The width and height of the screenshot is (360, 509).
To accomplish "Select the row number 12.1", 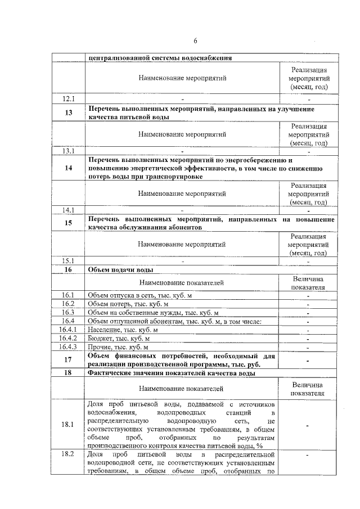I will (x=69, y=98).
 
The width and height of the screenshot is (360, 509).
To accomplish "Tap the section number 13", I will (x=69, y=112).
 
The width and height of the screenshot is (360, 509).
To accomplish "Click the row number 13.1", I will (x=69, y=151).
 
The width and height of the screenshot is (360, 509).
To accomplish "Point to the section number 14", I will (x=69, y=168).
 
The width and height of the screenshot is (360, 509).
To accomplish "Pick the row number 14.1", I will (x=69, y=210).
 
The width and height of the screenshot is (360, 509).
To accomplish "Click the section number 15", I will (x=69, y=223).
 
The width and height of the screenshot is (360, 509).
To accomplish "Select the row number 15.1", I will (x=69, y=261).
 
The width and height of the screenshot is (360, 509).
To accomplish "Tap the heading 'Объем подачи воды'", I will (x=118, y=270).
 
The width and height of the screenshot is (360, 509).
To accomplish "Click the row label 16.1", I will (x=69, y=295).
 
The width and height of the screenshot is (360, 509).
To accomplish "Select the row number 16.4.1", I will (x=69, y=330).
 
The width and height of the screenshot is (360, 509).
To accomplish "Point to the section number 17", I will (x=69, y=360).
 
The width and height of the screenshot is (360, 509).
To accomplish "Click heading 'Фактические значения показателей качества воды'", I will (x=174, y=373).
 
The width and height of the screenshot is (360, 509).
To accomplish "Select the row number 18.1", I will (x=69, y=424).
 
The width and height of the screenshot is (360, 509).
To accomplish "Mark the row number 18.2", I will (x=69, y=454).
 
